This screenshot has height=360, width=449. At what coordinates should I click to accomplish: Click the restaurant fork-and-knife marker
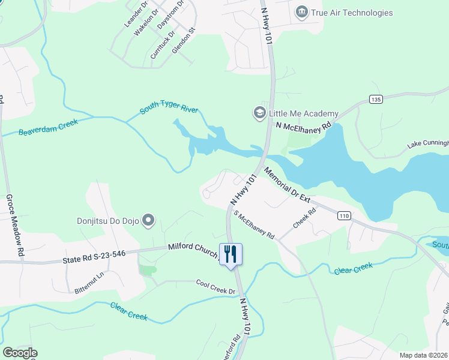pyautogui.click(x=231, y=254)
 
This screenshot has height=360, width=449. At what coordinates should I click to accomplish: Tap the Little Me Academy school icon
pyautogui.click(x=259, y=113)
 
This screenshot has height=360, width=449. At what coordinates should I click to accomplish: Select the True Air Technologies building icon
pyautogui.click(x=301, y=12)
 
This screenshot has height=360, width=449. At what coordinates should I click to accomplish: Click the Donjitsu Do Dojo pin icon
pyautogui.click(x=149, y=221)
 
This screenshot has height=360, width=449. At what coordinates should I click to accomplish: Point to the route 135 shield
pyautogui.click(x=376, y=99)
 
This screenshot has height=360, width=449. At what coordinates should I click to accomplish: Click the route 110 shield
pyautogui.click(x=343, y=216)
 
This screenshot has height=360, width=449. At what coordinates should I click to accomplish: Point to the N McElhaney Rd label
pyautogui.click(x=304, y=127)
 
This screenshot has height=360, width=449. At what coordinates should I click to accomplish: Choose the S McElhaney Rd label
pyautogui.click(x=254, y=224)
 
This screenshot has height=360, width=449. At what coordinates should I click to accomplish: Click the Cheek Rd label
pyautogui.click(x=304, y=219)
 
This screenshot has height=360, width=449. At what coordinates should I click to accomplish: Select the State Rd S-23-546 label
pyautogui.click(x=94, y=259)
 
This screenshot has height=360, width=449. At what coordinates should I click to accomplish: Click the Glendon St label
pyautogui.click(x=184, y=40)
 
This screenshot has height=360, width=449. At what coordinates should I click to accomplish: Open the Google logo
pyautogui.click(x=20, y=353)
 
